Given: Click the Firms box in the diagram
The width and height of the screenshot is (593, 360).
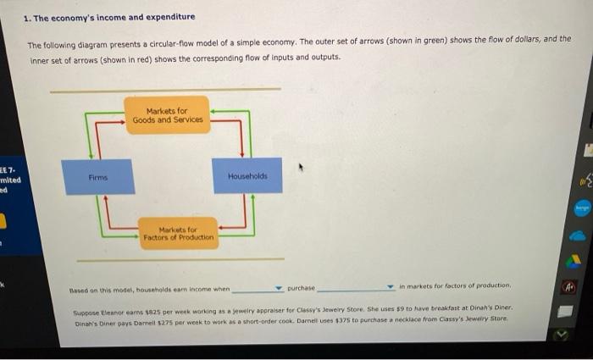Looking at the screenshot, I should click(x=99, y=176).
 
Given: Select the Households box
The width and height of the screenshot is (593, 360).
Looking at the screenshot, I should click(x=247, y=175).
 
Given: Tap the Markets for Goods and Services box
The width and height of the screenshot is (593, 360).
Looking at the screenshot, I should click(x=167, y=115).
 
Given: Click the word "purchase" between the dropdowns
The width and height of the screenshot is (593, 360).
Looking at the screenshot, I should click(x=301, y=288).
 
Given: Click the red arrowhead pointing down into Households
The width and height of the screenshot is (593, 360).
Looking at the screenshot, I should click(x=242, y=154).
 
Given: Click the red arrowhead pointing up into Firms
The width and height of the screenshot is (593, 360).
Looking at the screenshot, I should click(x=105, y=198).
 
